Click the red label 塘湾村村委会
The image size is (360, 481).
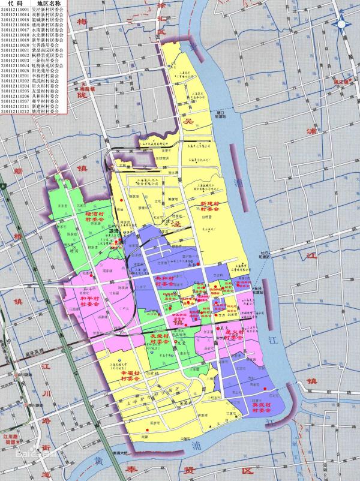tap(95, 216)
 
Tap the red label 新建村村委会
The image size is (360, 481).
tap(211, 207)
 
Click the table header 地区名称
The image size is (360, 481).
tap(48, 3)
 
